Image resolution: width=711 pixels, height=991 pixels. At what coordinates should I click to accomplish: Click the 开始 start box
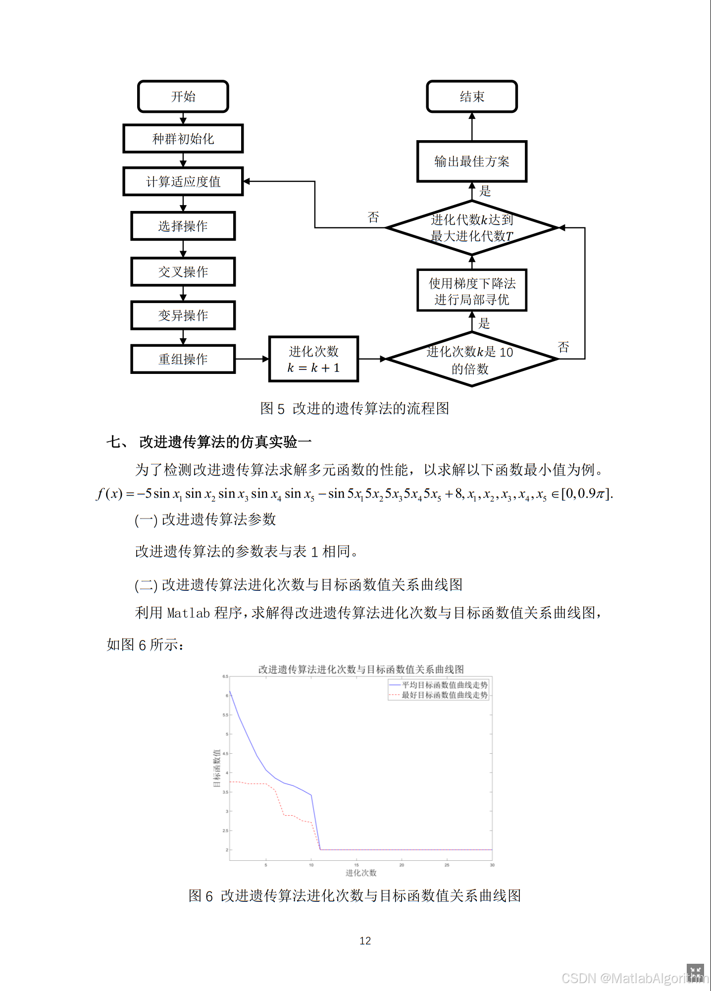coord(183,97)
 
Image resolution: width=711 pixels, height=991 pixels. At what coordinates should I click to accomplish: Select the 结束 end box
coord(471,97)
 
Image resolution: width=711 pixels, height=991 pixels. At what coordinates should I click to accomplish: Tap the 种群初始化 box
coord(183,139)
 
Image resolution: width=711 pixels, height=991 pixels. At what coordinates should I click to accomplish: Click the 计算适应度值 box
coord(183,182)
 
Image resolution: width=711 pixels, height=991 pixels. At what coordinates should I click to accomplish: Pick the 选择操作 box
coord(183,226)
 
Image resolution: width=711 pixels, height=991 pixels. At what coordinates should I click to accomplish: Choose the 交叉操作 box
coord(183,272)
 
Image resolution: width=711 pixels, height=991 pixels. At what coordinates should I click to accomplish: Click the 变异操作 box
coord(183,315)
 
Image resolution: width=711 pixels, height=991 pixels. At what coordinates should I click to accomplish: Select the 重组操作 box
coord(183,359)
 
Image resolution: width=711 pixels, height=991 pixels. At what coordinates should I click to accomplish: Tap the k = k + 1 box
coord(313,359)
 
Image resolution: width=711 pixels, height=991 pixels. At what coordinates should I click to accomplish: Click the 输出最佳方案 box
coord(471,161)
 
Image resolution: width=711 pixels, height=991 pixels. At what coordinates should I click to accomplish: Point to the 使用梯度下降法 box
coord(471,291)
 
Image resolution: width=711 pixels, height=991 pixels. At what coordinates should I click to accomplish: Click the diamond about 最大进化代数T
coord(471,228)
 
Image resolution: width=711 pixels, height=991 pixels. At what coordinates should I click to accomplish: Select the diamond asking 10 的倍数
coord(471,360)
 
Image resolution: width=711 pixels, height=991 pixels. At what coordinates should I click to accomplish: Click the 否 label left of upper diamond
coord(373,217)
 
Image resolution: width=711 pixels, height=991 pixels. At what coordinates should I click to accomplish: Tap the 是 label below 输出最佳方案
coord(485,191)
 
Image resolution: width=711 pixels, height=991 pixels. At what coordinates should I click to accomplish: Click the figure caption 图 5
coord(355,409)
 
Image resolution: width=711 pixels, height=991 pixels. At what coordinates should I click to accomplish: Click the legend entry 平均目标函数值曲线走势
coord(444,685)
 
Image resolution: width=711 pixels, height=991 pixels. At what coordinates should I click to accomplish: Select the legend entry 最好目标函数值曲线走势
coord(444,695)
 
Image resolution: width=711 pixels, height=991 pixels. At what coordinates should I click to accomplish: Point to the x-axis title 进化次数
coord(361,873)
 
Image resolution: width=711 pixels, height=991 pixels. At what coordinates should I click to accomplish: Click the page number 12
coord(365,941)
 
